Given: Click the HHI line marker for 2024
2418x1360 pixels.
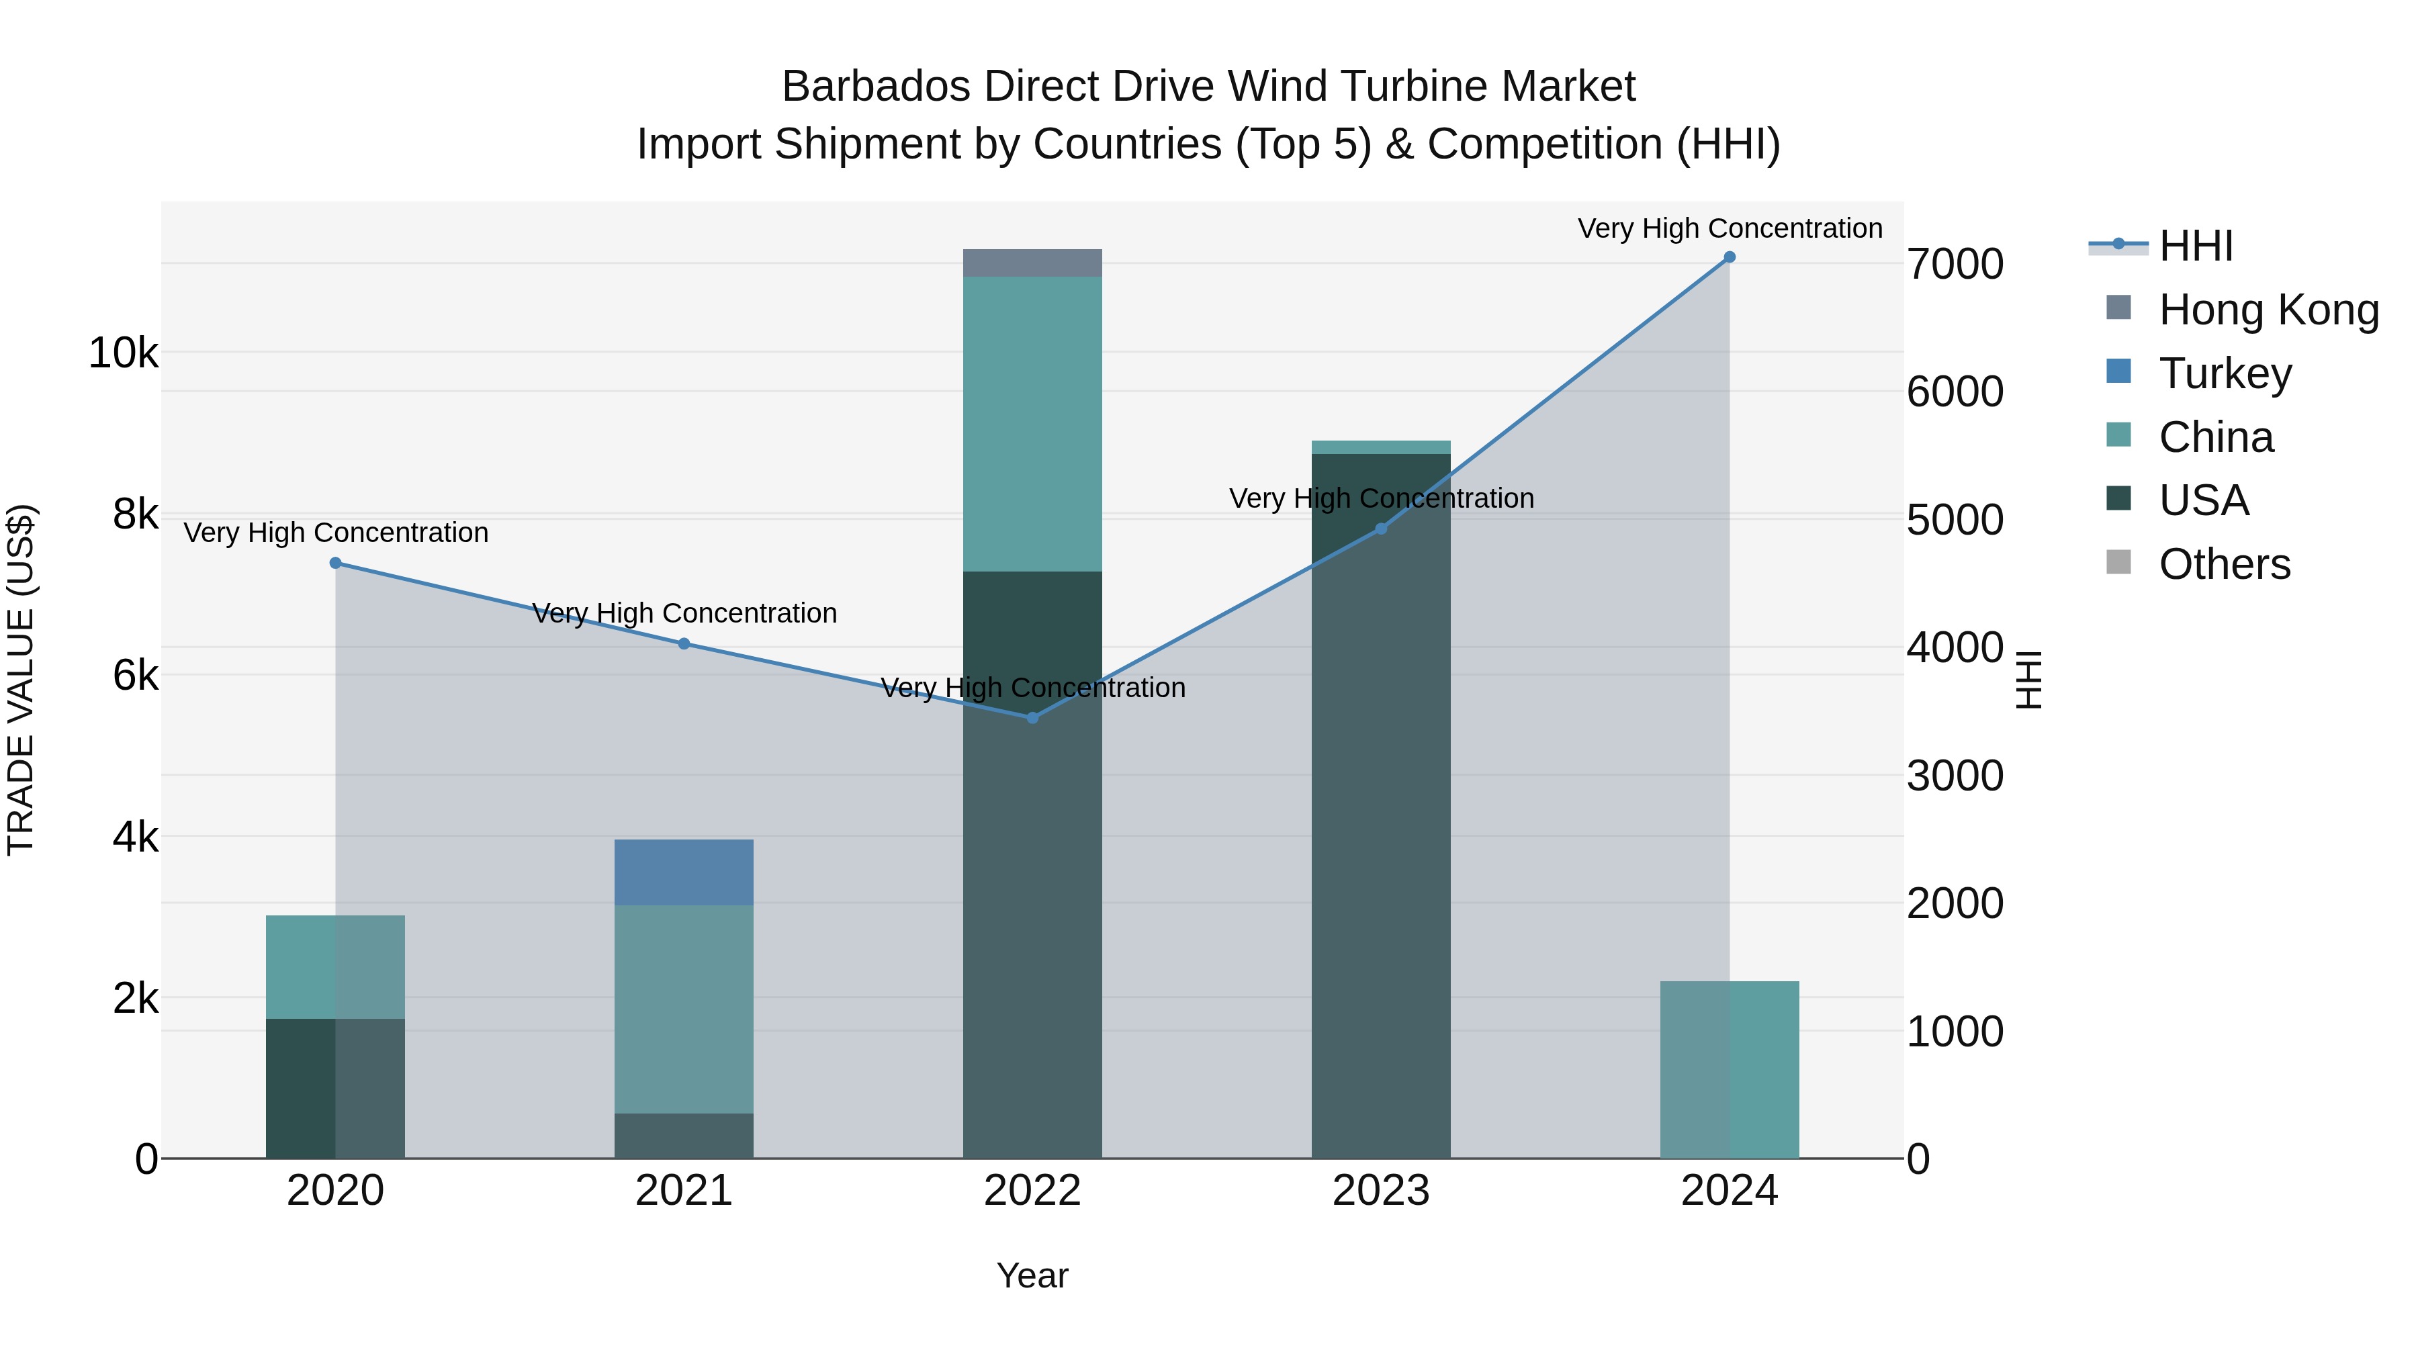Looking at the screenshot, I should coord(1729,257).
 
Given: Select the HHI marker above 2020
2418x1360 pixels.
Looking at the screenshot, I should coord(335,563).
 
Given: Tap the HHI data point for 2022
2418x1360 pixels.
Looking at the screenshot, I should coord(1032,718).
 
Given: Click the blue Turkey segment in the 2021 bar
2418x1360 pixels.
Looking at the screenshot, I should coord(683,872).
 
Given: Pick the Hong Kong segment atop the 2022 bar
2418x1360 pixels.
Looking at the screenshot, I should coord(1032,263).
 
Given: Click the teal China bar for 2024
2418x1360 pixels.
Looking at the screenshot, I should coord(1729,1070).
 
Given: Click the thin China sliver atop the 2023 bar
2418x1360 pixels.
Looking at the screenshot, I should coord(1381,447).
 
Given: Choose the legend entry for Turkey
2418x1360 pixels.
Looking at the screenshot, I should coord(2225,373).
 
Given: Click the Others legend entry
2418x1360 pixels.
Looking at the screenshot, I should coord(2225,565).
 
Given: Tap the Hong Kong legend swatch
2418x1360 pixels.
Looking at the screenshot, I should coord(2118,308).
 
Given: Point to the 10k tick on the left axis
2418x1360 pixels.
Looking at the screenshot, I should coord(123,354).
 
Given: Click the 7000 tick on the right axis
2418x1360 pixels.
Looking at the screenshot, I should coord(1955,265).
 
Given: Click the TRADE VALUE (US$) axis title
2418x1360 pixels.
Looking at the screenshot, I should coord(21,680).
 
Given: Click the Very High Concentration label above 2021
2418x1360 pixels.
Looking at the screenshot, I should coord(683,614).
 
